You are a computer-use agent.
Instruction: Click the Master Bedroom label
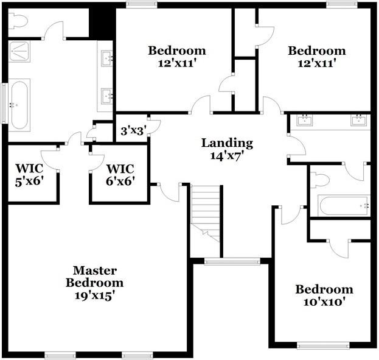pos(94,277)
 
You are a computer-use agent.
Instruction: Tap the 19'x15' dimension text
pos(94,295)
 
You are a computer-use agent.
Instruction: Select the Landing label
pos(227,143)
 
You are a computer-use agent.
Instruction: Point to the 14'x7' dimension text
pos(226,156)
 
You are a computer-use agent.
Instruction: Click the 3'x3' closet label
pos(133,131)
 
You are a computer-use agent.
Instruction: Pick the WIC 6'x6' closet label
pos(120,175)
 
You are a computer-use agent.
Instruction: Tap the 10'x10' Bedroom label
pos(324,295)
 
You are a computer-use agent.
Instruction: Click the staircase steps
pos(205,214)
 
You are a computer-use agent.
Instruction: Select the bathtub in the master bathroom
pos(19,105)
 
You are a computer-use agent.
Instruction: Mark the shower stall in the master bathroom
pos(19,51)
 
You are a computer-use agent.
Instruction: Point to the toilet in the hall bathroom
pos(320,180)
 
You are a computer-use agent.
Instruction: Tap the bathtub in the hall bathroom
pos(344,206)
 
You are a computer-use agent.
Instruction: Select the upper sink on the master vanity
pos(106,58)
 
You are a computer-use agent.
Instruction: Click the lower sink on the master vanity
pos(106,96)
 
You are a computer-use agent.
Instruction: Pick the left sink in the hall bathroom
pos(305,120)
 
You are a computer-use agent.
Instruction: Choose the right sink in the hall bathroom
pos(359,120)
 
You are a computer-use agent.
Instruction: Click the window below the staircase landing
pos(232,261)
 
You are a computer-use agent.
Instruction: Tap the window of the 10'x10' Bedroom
pos(323,345)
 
